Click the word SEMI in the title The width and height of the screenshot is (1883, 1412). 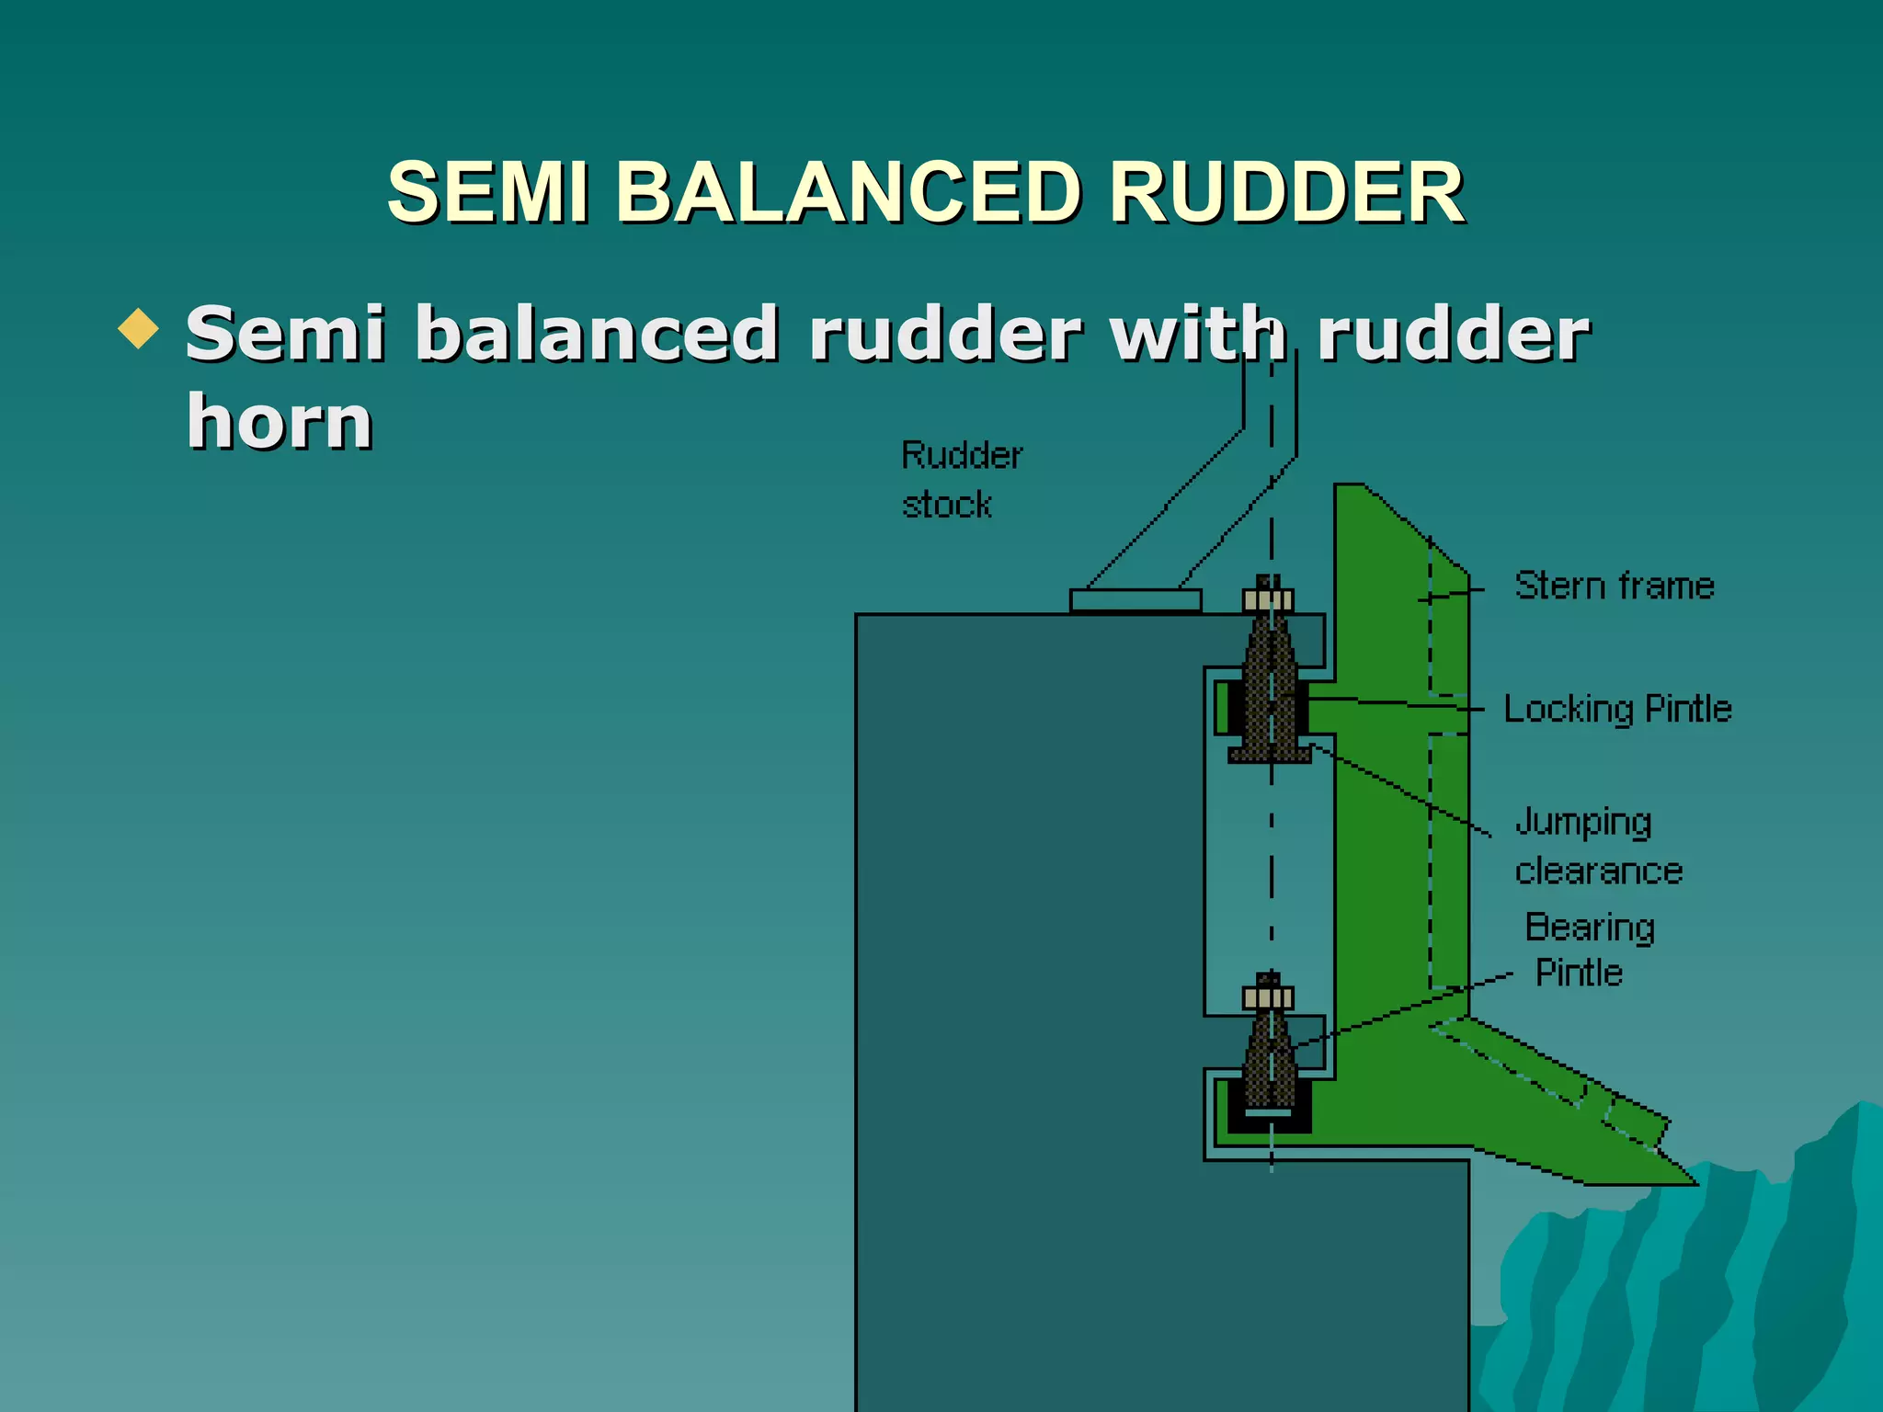click(x=487, y=192)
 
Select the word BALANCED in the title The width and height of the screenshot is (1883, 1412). click(x=847, y=192)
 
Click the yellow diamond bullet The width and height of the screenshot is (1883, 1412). click(x=139, y=328)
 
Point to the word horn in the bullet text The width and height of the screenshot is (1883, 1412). click(x=280, y=421)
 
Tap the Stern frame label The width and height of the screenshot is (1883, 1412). click(x=1614, y=586)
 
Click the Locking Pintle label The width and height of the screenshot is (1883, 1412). click(x=1617, y=709)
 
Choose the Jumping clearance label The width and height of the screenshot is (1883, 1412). click(x=1598, y=846)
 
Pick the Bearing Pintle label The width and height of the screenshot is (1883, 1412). click(x=1588, y=950)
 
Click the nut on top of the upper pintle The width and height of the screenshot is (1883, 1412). click(x=1268, y=600)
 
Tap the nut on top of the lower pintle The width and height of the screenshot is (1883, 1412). click(x=1268, y=997)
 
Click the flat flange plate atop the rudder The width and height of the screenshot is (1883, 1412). click(x=1136, y=600)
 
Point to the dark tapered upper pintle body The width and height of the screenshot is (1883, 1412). click(x=1270, y=689)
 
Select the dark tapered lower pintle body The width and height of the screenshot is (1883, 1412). click(x=1270, y=1066)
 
